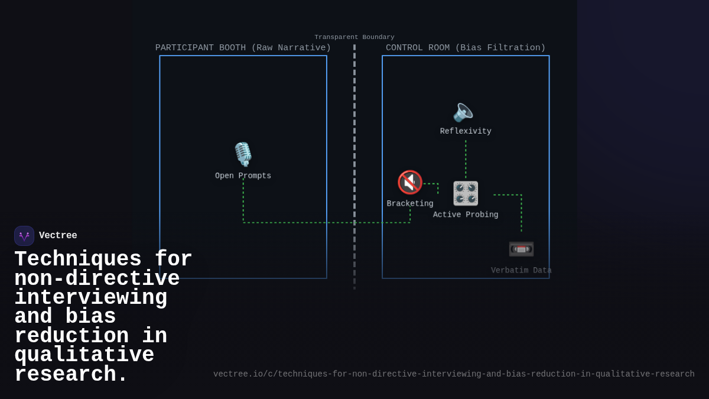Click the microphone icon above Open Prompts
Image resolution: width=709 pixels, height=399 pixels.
coord(243,154)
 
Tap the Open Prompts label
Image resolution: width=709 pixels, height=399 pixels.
coord(243,176)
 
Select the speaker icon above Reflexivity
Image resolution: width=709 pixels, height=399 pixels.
coord(463,112)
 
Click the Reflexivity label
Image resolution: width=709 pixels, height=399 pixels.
coord(466,131)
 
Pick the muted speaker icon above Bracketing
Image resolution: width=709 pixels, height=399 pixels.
coord(410,183)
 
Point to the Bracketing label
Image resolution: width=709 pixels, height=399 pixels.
coord(410,203)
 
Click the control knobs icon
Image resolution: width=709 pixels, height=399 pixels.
coord(466,193)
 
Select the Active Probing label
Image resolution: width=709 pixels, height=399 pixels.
coord(466,215)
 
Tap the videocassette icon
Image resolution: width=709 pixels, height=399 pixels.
coord(521,249)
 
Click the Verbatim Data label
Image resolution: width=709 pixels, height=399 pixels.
coord(521,271)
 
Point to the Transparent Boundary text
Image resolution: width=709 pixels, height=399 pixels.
coord(354,37)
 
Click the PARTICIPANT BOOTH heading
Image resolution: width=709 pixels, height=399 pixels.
coord(243,48)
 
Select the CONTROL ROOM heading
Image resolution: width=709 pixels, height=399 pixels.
coord(466,48)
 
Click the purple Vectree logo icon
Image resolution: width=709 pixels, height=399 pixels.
coord(24,236)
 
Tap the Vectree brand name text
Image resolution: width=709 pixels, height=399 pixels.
coord(58,235)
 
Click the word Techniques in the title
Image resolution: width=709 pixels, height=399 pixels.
coord(78,259)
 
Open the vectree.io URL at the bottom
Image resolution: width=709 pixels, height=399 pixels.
coord(454,374)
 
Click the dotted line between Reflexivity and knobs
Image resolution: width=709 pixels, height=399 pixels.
coord(466,159)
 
